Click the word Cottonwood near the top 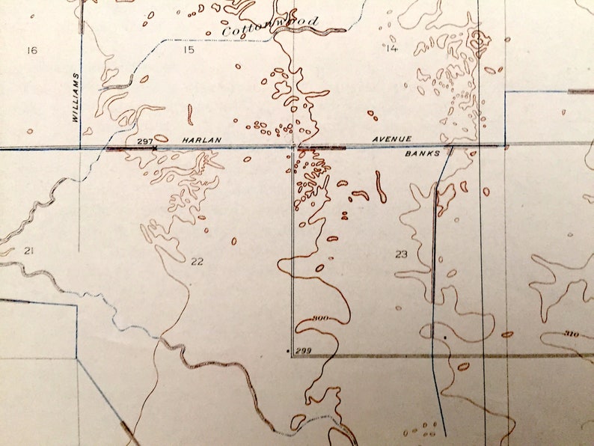[x=270, y=26]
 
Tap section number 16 [x=31, y=50]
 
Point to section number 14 [x=391, y=49]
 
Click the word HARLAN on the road [x=198, y=140]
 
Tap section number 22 [x=197, y=261]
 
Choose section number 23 [x=401, y=254]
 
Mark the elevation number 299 [x=303, y=349]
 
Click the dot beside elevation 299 [x=289, y=349]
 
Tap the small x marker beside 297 [x=154, y=148]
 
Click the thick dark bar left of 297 [x=123, y=148]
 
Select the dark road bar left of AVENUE [x=328, y=148]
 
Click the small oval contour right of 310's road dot [x=507, y=334]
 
